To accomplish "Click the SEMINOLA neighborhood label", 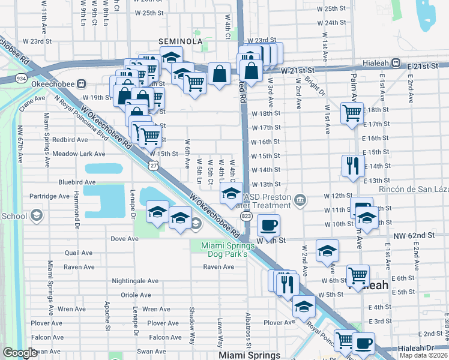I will click(179, 41).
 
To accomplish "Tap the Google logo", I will click(20, 353).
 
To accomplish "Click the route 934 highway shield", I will click(21, 79).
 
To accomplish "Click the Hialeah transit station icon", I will click(396, 62).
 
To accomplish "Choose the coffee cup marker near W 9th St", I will click(268, 226).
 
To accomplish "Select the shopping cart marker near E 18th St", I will click(352, 113).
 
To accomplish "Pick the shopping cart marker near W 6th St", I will click(358, 277).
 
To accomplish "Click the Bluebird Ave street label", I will click(77, 182).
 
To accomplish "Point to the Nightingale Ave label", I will click(135, 281).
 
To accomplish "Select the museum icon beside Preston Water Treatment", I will click(299, 199).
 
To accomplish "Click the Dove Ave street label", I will click(125, 238).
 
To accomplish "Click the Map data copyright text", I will click(424, 355).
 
